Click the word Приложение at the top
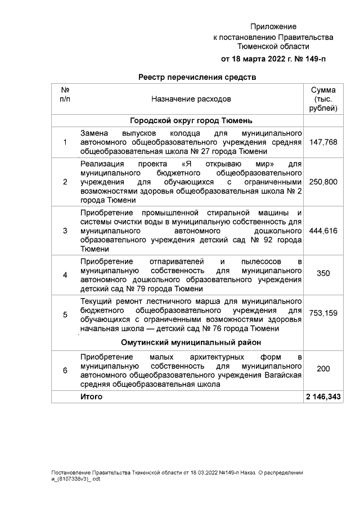tap(273, 26)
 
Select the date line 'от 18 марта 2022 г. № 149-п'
tap(273, 58)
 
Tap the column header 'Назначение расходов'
tap(191, 99)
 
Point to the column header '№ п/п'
tap(65, 94)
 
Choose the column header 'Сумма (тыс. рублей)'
tap(323, 99)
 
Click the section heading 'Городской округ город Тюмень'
tap(191, 121)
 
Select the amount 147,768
tap(323, 142)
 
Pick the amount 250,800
tap(323, 182)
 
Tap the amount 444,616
tap(323, 231)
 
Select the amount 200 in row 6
tap(323, 368)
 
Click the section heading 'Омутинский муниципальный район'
tap(191, 343)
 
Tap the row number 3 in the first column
tap(65, 231)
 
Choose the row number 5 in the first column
tap(65, 314)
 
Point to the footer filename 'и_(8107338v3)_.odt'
tap(75, 479)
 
